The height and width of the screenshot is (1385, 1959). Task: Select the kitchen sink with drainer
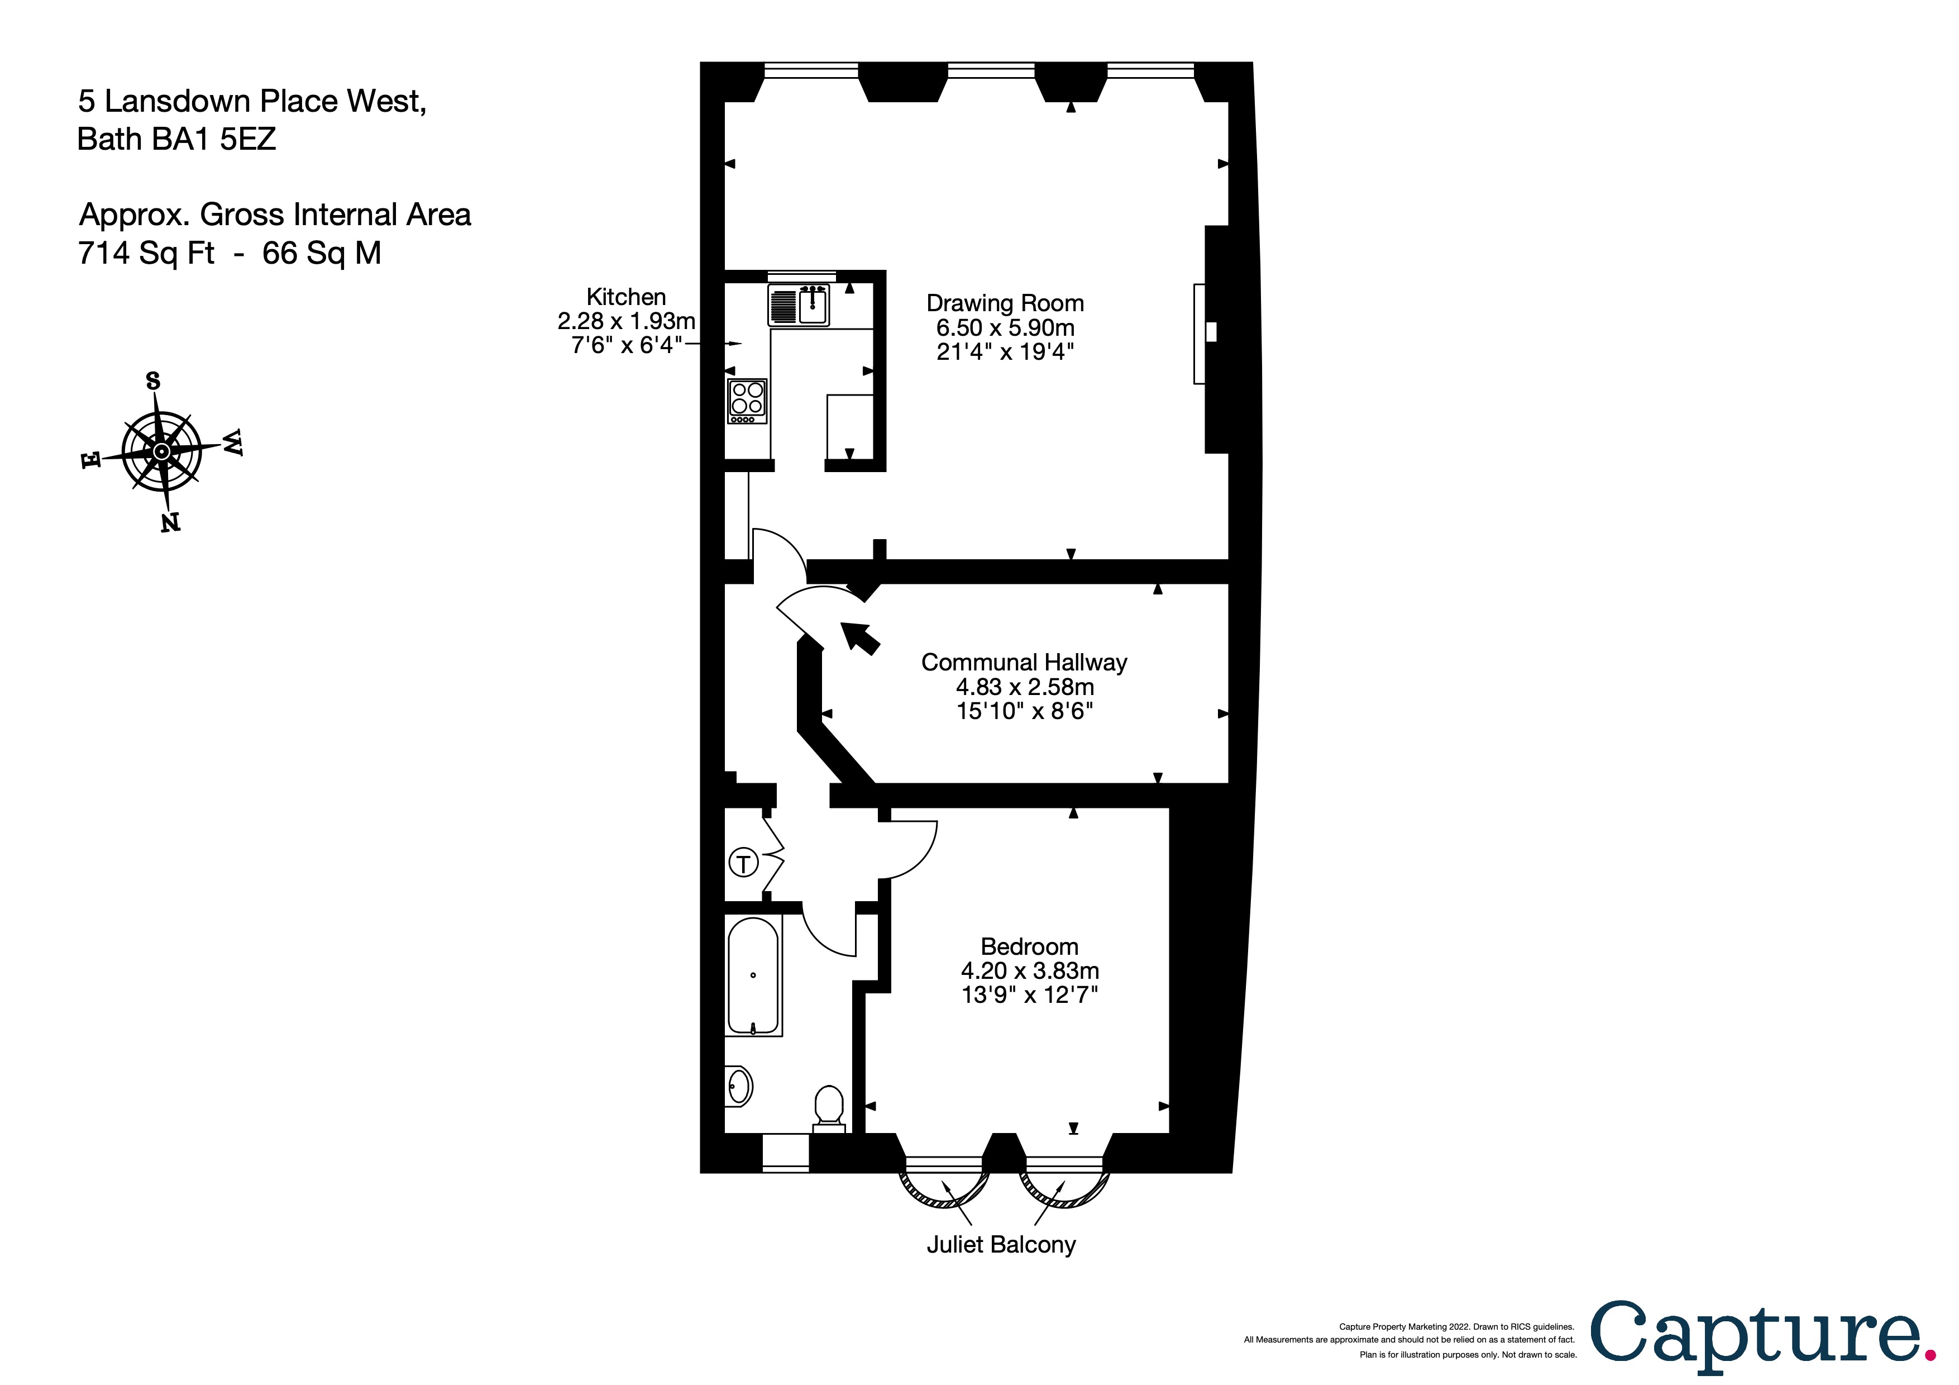pyautogui.click(x=799, y=304)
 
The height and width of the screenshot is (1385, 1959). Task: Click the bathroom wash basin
pyautogui.click(x=738, y=1086)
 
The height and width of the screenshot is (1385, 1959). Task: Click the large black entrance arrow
pyautogui.click(x=860, y=637)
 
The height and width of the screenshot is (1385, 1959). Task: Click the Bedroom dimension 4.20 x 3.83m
pyautogui.click(x=1029, y=971)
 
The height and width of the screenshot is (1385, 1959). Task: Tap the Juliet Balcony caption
pyautogui.click(x=1000, y=1245)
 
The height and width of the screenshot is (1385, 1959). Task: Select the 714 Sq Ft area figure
pyautogui.click(x=146, y=254)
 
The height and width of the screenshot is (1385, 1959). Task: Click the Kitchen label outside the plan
pyautogui.click(x=625, y=297)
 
